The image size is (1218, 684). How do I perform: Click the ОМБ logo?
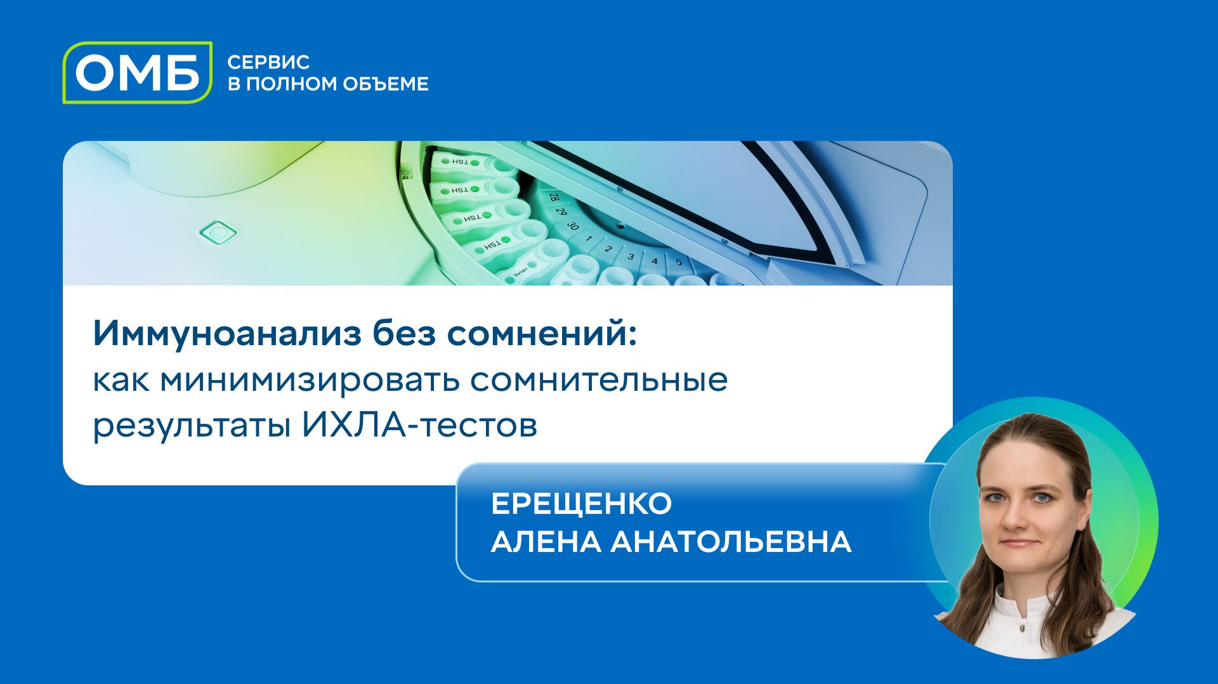(x=137, y=72)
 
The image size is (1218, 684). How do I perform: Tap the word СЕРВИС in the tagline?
(x=268, y=62)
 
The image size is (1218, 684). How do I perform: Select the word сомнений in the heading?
(x=541, y=334)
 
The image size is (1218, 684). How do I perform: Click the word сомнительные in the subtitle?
(x=599, y=379)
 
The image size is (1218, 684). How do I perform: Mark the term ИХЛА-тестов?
(x=419, y=425)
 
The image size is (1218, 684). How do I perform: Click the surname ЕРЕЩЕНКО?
(x=581, y=504)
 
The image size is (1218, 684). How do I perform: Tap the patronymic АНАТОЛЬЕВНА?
(x=731, y=542)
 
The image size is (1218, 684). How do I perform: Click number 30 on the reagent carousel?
(x=573, y=225)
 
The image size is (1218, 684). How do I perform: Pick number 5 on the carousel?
(x=679, y=261)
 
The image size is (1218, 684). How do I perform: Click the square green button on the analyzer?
(x=219, y=233)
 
